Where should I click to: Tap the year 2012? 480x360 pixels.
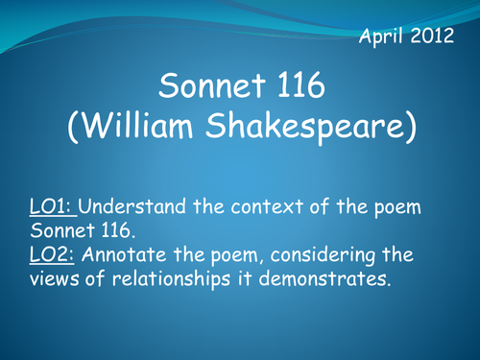433,38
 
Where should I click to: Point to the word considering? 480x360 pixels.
331,256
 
